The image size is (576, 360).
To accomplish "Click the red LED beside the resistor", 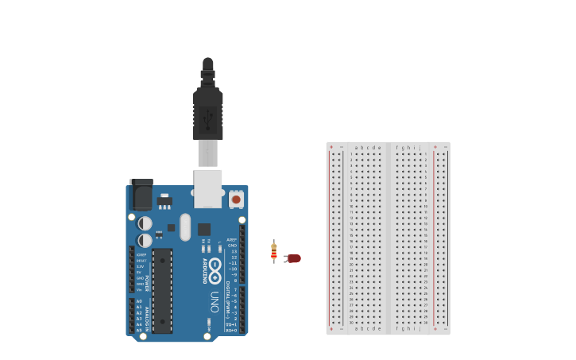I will [x=292, y=258].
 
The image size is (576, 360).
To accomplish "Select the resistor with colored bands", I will [x=274, y=252].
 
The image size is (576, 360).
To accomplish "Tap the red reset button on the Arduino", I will [x=236, y=199].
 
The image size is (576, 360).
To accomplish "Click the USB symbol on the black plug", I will [x=208, y=119].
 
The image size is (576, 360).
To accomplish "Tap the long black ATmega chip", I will [x=162, y=290].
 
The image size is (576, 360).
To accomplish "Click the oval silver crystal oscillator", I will [x=185, y=226].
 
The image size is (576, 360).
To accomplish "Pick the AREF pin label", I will [x=232, y=239].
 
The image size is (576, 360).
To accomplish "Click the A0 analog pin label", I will [x=139, y=302].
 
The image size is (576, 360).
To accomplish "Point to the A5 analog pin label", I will [x=139, y=330].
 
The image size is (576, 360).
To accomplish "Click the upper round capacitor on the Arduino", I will [x=145, y=223].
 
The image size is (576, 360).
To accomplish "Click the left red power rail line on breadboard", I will [x=331, y=238].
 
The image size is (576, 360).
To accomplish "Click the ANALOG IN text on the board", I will [x=147, y=315].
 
